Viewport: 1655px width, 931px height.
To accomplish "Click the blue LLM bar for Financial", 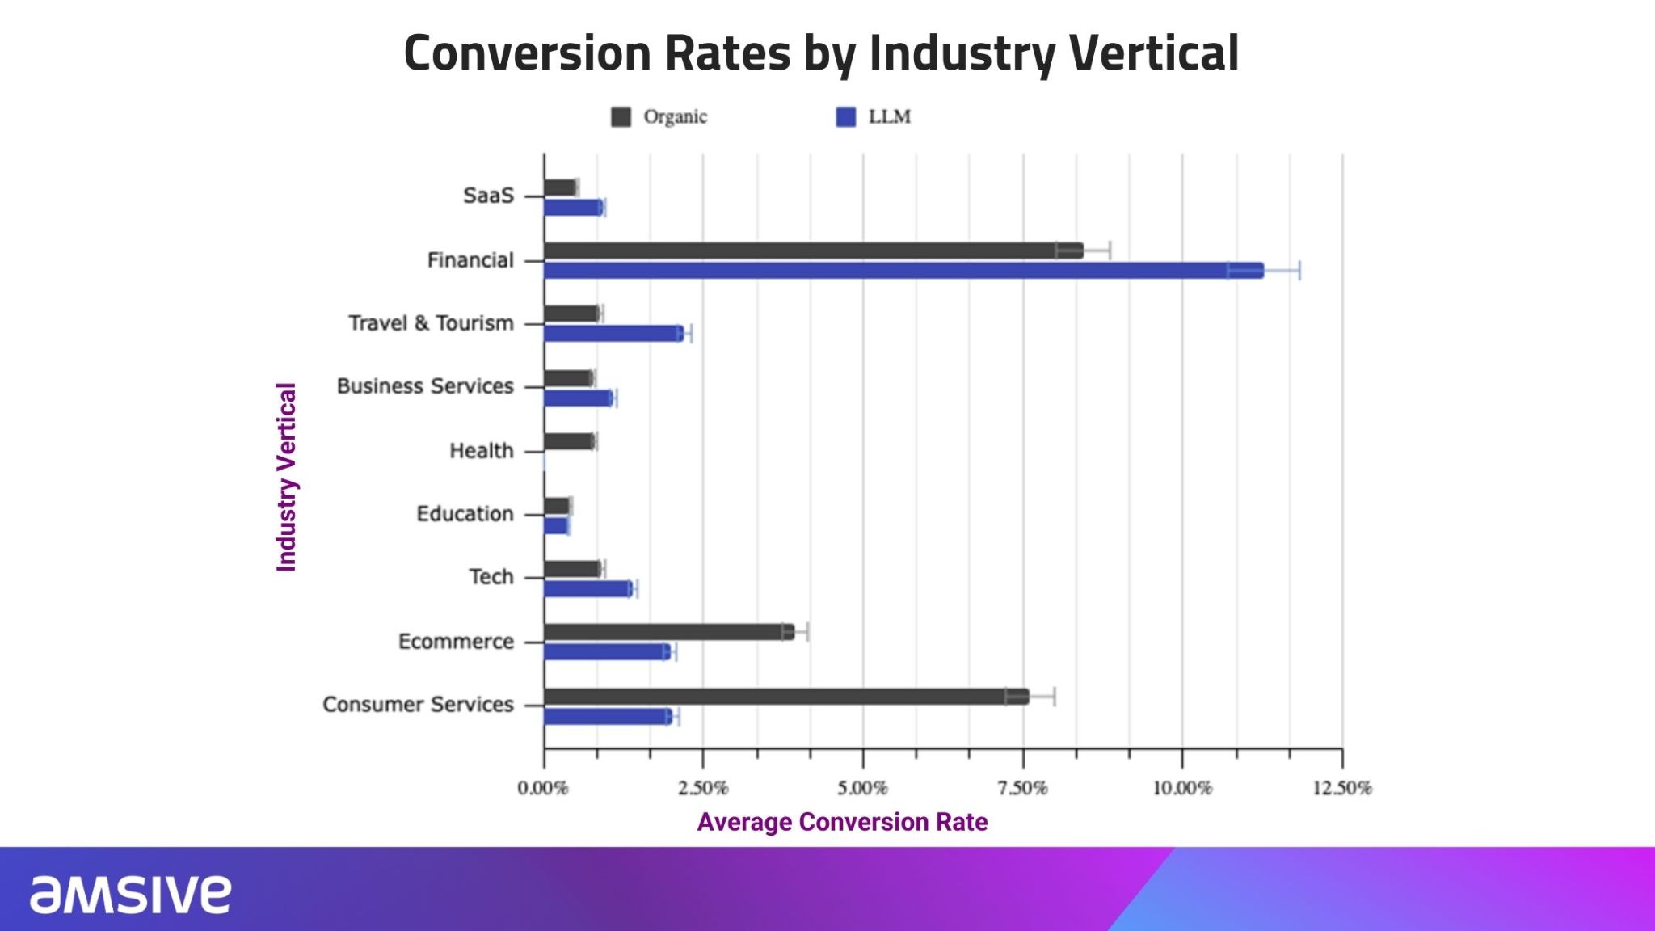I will (x=903, y=271).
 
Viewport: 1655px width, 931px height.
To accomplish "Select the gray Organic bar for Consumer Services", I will (x=785, y=697).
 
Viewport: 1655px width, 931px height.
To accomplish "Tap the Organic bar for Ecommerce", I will (x=668, y=632).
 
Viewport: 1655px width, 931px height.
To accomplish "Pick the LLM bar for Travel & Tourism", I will (x=613, y=333).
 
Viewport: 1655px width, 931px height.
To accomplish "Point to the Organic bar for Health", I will (x=569, y=441).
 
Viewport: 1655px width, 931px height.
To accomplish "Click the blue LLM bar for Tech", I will (x=587, y=588).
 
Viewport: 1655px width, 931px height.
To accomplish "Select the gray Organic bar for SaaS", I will (x=559, y=187).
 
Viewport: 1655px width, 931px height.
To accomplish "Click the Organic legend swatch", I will (x=621, y=117).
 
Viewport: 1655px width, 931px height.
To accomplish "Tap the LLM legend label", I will (x=889, y=117).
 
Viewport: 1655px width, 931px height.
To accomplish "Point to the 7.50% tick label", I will (x=1022, y=788).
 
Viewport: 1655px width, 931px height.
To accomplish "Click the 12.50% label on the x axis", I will (x=1341, y=788).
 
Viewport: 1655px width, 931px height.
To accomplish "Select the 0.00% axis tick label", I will (x=543, y=788).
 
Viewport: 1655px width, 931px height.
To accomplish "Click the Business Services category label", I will (x=425, y=386).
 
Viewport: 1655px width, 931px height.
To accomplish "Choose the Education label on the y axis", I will (x=465, y=514).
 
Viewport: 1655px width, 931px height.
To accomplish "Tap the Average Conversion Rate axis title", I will (x=842, y=822).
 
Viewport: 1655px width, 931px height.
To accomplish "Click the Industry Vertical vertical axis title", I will (x=287, y=477).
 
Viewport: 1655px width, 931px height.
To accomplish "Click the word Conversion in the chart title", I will (x=527, y=53).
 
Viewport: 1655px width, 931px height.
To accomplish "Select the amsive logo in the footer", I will (x=130, y=894).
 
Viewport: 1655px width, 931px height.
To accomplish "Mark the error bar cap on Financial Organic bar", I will (x=1110, y=251).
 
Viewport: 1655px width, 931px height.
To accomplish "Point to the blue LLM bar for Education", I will (x=556, y=526).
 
